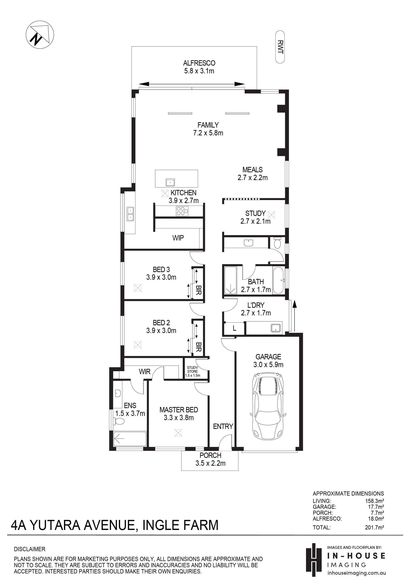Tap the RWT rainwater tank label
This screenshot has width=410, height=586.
(x=280, y=47)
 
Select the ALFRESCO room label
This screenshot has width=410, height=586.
(x=199, y=63)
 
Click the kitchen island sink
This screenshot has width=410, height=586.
(x=170, y=183)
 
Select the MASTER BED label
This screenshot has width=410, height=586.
(x=179, y=410)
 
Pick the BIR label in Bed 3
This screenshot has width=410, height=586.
(x=199, y=290)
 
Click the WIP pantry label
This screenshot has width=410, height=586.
(x=178, y=238)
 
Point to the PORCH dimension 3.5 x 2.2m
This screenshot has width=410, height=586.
(x=210, y=463)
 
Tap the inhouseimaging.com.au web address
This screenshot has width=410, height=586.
(x=357, y=573)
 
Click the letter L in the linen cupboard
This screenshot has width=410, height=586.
(x=234, y=328)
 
